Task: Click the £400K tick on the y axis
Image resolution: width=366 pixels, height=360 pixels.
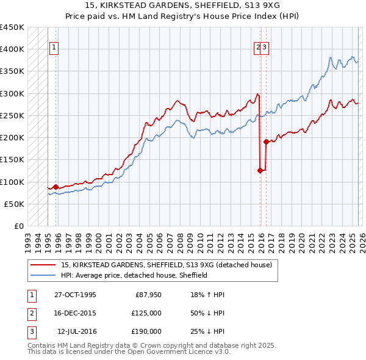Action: (x=12, y=49)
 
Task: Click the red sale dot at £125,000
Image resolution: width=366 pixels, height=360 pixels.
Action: (x=260, y=171)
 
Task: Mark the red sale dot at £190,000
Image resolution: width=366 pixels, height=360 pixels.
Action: (x=266, y=142)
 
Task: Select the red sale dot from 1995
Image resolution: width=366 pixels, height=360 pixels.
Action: (x=56, y=187)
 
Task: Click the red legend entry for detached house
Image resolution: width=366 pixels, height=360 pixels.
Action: (x=170, y=265)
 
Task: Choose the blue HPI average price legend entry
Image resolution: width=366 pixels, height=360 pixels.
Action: (x=134, y=275)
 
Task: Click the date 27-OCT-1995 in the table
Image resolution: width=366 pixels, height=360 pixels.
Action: (x=75, y=295)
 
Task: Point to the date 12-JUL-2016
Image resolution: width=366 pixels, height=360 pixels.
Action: (x=76, y=331)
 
